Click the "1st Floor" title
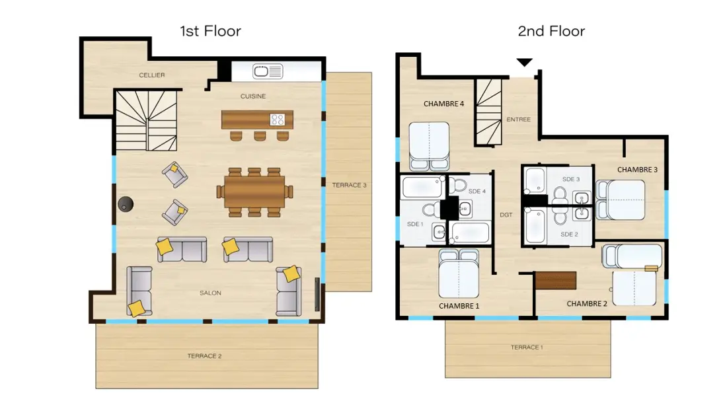pyautogui.click(x=210, y=31)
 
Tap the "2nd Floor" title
pyautogui.click(x=551, y=31)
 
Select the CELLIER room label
pyautogui.click(x=151, y=75)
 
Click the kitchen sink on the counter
pyautogui.click(x=268, y=71)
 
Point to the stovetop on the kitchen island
pyautogui.click(x=278, y=120)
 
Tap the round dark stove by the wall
pyautogui.click(x=126, y=204)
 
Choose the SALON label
pyautogui.click(x=210, y=293)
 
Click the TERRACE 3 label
pyautogui.click(x=349, y=185)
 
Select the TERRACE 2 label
pyautogui.click(x=204, y=356)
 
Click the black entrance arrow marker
pyautogui.click(x=524, y=62)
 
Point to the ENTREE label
pyautogui.click(x=518, y=120)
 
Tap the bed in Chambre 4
pyautogui.click(x=429, y=147)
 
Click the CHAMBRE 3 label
pyautogui.click(x=637, y=170)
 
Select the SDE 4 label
pyautogui.click(x=477, y=191)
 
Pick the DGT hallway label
pyautogui.click(x=506, y=215)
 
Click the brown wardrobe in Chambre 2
pyautogui.click(x=556, y=281)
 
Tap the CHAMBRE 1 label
pyautogui.click(x=459, y=306)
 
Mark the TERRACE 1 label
pyautogui.click(x=527, y=348)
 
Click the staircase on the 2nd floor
pyautogui.click(x=489, y=112)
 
